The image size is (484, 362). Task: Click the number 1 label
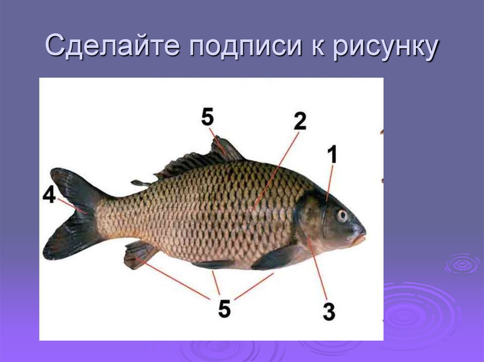pos(333,154)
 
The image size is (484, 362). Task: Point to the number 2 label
pos(300,121)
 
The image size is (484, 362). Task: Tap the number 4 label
pos(49,194)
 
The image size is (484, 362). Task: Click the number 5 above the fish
pos(207,117)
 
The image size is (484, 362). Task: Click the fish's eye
pos(342,216)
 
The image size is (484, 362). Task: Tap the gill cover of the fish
pos(310,219)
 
